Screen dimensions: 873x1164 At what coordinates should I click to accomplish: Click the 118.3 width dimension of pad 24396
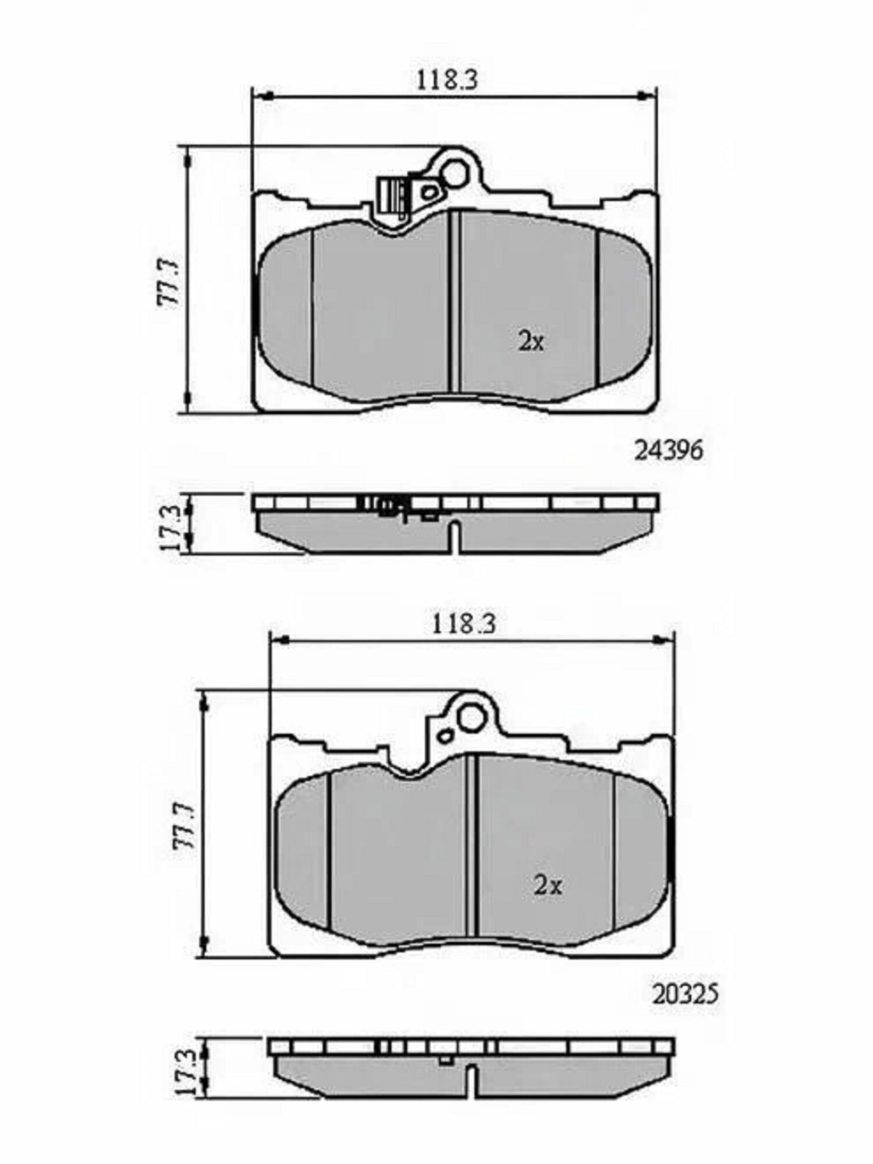[x=446, y=80]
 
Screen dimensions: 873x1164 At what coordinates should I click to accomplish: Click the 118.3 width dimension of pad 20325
[x=463, y=624]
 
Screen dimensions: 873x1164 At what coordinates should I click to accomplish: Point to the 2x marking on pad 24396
[x=531, y=342]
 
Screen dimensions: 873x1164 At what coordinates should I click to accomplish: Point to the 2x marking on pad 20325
[x=548, y=886]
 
